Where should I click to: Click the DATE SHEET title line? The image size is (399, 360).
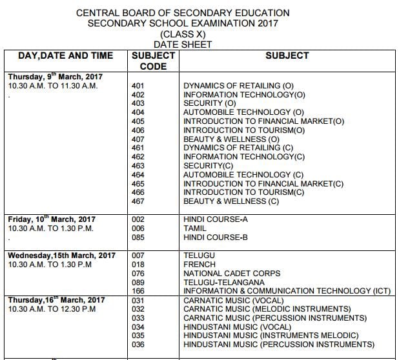pyautogui.click(x=183, y=45)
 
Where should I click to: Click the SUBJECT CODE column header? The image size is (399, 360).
pyautogui.click(x=153, y=61)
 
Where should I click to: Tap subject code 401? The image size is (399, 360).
pyautogui.click(x=138, y=85)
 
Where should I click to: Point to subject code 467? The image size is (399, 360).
pyautogui.click(x=138, y=201)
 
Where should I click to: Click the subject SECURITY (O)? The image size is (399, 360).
pyautogui.click(x=210, y=103)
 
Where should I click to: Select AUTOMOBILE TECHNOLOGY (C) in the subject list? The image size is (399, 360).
pyautogui.click(x=243, y=174)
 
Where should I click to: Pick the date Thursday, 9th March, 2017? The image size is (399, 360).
pyautogui.click(x=56, y=76)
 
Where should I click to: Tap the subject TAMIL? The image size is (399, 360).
pyautogui.click(x=195, y=228)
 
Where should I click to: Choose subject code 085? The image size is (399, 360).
pyautogui.click(x=138, y=237)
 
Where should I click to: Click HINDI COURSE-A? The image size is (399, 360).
pyautogui.click(x=216, y=219)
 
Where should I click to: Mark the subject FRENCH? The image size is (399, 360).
pyautogui.click(x=198, y=264)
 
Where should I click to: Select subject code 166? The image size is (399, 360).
pyautogui.click(x=138, y=291)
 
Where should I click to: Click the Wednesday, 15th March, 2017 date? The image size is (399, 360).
pyautogui.click(x=62, y=255)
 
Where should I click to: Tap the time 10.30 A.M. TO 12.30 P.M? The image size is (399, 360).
pyautogui.click(x=52, y=309)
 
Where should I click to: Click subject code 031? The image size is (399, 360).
pyautogui.click(x=138, y=300)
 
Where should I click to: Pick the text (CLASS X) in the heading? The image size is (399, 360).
pyautogui.click(x=183, y=34)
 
